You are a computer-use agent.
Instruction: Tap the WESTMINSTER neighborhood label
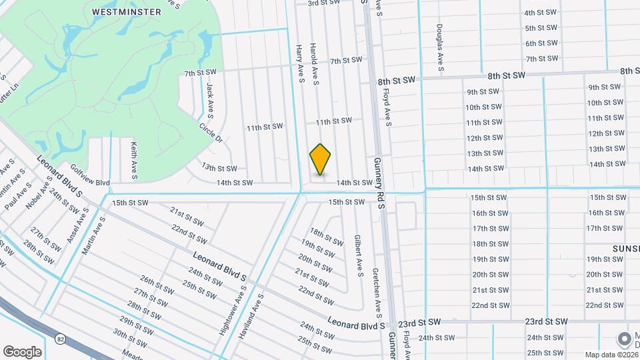coord(127,12)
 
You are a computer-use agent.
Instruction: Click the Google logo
coord(21,351)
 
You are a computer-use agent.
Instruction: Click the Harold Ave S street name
coord(314,65)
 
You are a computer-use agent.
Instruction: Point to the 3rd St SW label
coord(323,3)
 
